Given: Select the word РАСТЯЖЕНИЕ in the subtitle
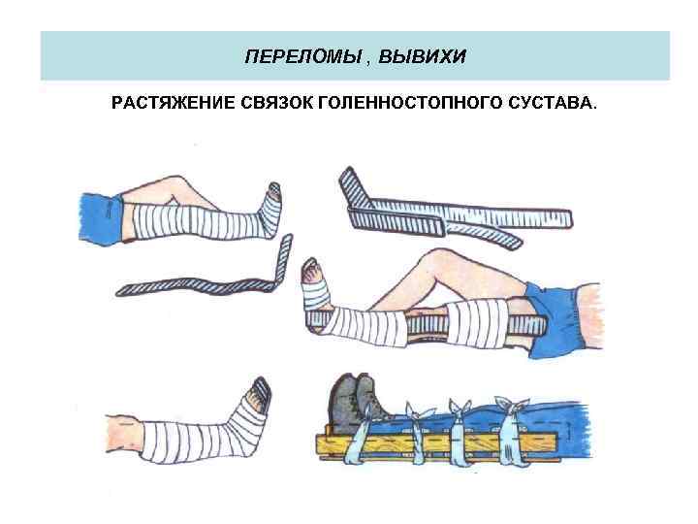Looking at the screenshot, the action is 164,103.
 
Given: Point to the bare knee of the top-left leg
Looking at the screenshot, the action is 172,187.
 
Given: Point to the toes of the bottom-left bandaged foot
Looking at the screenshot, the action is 259,390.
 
